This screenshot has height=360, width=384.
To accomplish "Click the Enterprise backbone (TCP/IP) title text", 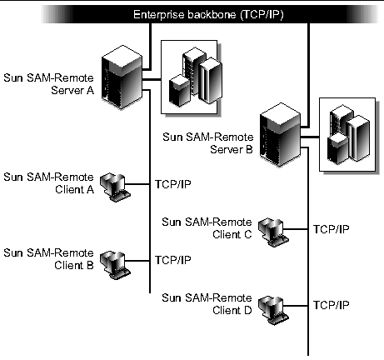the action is [208, 14].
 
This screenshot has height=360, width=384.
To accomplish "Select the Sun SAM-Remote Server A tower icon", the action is [122, 77].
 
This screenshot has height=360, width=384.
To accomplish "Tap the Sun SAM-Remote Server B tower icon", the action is [280, 134].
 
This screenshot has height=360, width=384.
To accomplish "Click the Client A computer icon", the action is [115, 187].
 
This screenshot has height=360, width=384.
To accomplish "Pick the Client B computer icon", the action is [115, 265].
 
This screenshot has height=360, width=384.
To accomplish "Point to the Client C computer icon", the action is [273, 232].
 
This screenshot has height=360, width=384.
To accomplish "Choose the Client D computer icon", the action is [273, 310].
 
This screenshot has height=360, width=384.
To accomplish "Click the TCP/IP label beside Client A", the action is [173, 184].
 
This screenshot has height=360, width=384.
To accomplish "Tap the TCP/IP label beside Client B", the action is [173, 260].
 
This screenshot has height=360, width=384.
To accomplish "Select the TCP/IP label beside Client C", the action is [331, 229].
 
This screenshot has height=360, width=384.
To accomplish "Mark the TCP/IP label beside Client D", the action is [331, 305].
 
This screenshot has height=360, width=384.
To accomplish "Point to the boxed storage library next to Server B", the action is [349, 135].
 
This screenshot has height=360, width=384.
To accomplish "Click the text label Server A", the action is [72, 90].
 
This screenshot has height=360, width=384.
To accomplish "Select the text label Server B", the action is [232, 149].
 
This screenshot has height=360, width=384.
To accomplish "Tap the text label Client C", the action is [232, 234].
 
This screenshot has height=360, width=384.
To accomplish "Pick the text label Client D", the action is [232, 310].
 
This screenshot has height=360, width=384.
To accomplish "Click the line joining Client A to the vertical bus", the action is [137, 184].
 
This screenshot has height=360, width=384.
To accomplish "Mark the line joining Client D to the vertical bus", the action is [296, 306].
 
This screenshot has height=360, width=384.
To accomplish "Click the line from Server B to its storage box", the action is [310, 137].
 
